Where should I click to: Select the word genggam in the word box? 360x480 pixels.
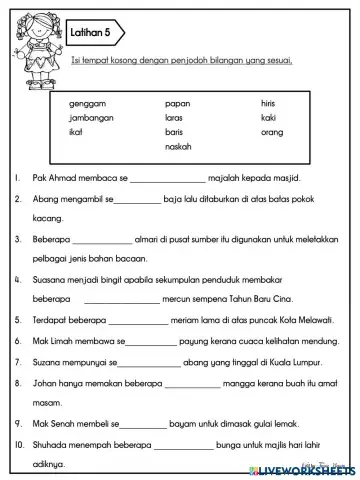pos(87,103)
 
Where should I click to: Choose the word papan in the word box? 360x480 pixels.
pos(177,103)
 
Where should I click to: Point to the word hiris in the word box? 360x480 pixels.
pos(270,103)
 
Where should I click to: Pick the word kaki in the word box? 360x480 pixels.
pos(268,117)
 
